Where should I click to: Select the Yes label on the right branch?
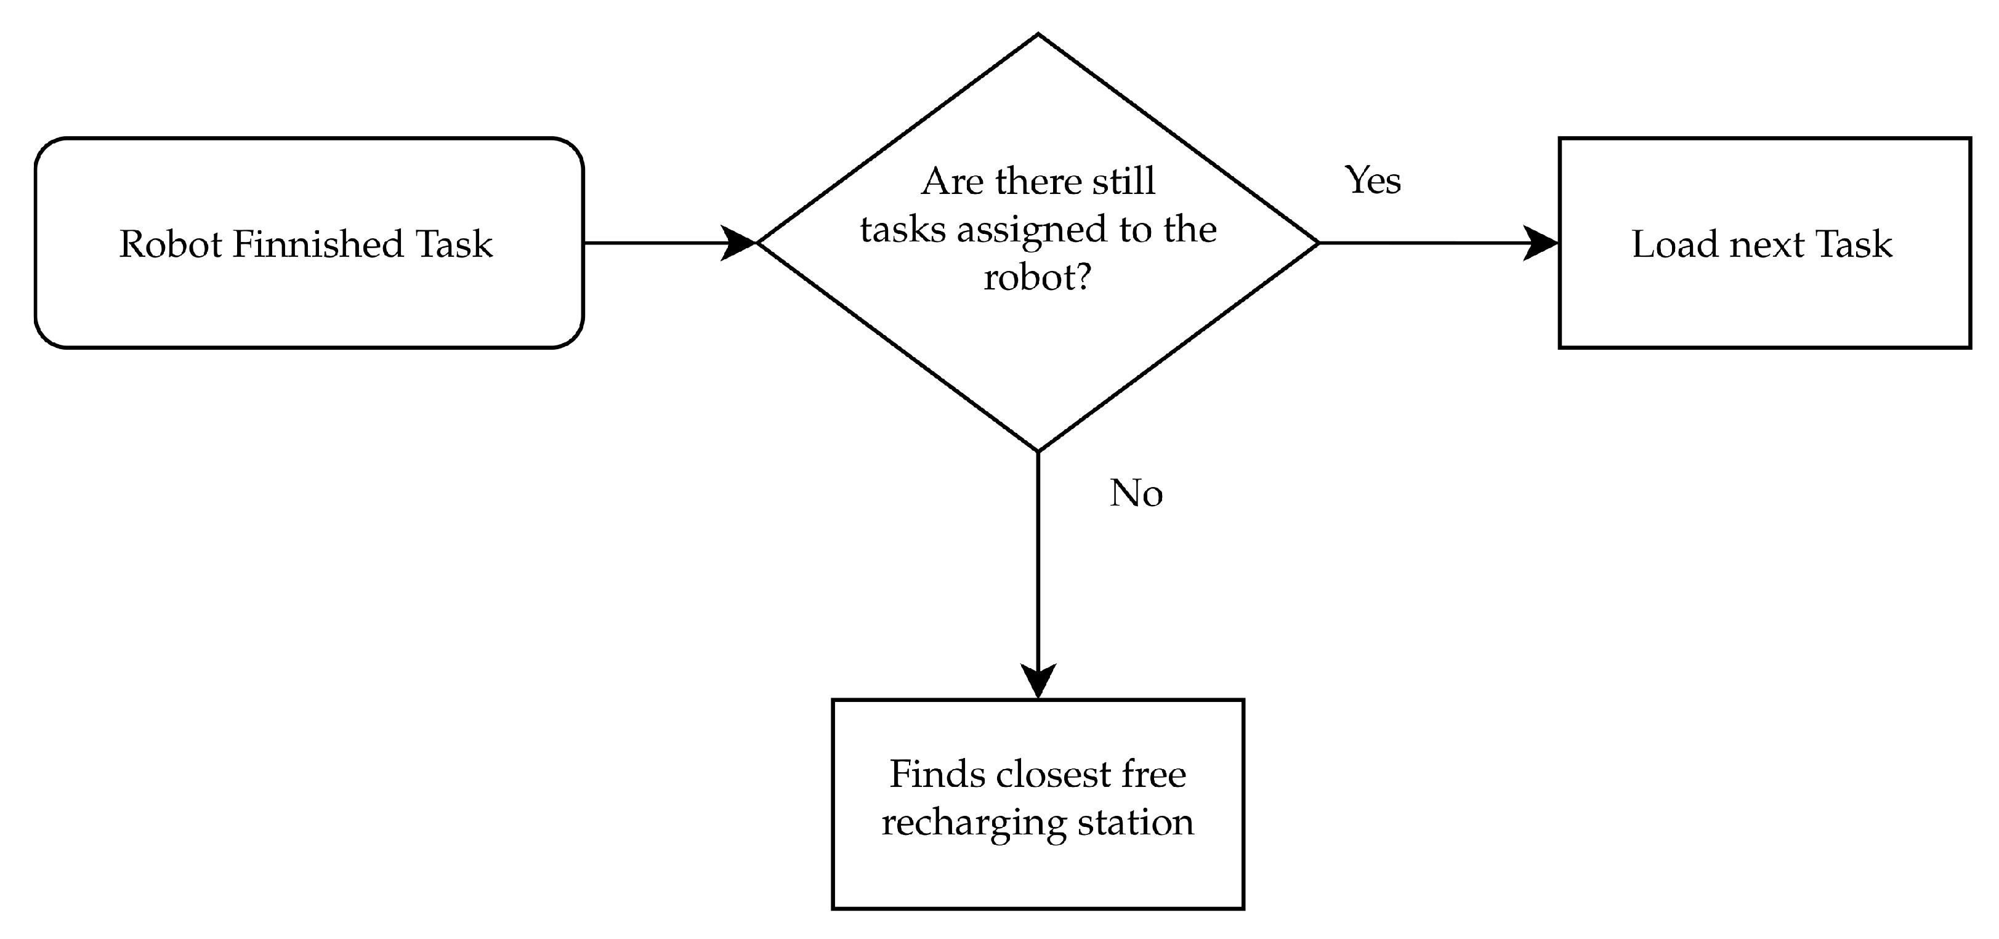tap(1372, 181)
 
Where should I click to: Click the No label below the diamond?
tap(1136, 494)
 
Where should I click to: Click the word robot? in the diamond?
tap(1038, 278)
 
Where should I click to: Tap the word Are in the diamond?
tap(951, 182)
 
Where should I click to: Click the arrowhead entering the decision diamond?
tap(740, 243)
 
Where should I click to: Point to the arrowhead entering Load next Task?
tap(1542, 243)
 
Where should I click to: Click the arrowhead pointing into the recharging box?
tap(1038, 682)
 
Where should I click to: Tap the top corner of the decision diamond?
tap(1038, 36)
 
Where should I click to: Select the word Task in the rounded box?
tap(454, 244)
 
